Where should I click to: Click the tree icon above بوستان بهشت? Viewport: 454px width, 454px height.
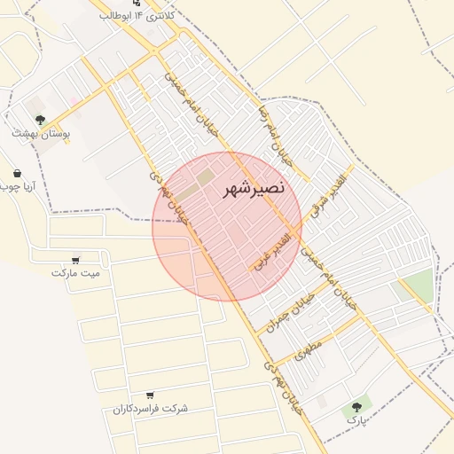point(39,118)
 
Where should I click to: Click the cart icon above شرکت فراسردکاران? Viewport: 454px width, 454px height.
point(150,395)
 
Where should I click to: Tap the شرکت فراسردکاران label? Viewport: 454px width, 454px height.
point(151,409)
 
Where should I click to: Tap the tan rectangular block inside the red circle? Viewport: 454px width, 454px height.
point(205,177)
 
